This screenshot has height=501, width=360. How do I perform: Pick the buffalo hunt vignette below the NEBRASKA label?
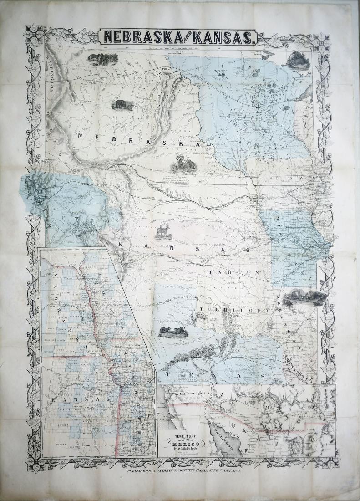coord(184,162)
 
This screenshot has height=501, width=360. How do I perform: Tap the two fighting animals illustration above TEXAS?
coord(173,331)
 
